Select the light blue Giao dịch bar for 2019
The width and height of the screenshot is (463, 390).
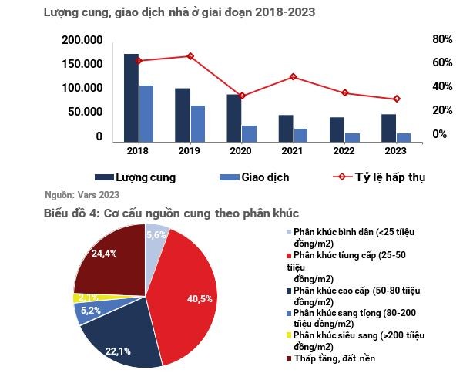click(x=198, y=123)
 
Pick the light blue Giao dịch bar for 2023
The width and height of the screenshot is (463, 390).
click(x=403, y=137)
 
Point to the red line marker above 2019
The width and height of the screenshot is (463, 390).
click(x=190, y=56)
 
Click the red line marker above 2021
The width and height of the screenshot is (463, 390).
click(x=293, y=77)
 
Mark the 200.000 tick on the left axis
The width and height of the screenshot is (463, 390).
click(x=82, y=40)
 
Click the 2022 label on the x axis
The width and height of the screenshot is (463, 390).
click(x=344, y=151)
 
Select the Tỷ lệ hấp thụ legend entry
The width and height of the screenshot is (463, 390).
click(x=377, y=177)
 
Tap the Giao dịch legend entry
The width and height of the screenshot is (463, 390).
click(x=254, y=177)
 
